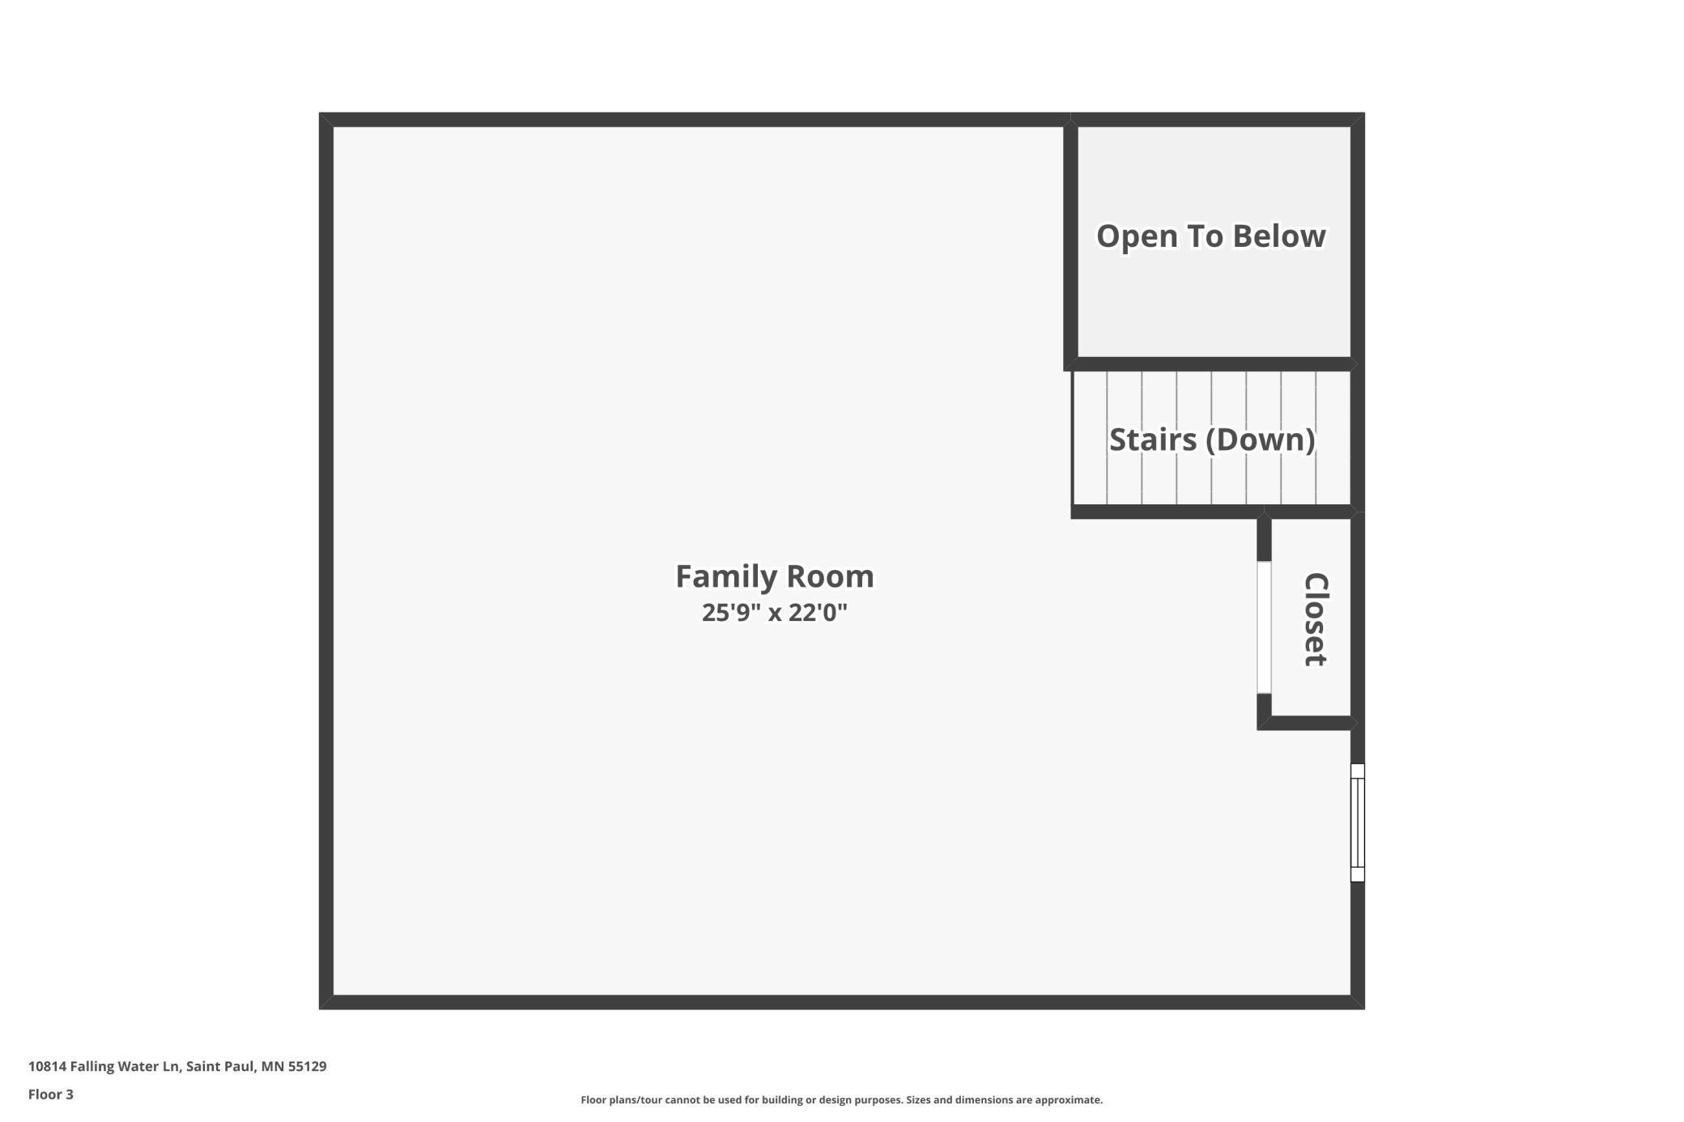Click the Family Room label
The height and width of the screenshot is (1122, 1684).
point(774,576)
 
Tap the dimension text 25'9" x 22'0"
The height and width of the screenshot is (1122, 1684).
point(774,613)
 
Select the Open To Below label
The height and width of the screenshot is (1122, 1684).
point(1210,236)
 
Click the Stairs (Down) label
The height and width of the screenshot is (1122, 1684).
point(1211,440)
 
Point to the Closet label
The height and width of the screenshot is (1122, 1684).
point(1315,619)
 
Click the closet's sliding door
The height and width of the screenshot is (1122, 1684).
point(1263,627)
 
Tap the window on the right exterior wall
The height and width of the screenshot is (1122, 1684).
point(1357,822)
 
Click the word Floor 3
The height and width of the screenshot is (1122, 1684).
point(50,1094)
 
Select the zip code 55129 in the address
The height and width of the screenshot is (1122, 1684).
point(307,1066)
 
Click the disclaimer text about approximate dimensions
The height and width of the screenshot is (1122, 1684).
point(841,1099)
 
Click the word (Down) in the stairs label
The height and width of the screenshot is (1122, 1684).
point(1261,440)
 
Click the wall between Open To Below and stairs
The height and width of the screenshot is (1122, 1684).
point(1210,364)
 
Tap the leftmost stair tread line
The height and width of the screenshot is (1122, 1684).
point(1107,438)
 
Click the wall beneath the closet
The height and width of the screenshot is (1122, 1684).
point(1308,723)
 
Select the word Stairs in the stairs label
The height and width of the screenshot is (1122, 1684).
point(1153,440)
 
